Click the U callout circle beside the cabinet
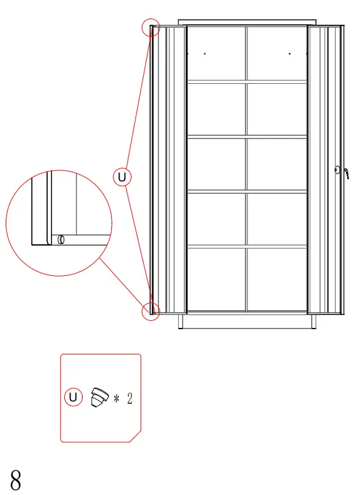123,177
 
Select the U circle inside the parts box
74,398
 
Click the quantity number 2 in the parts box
130,399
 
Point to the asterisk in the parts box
117,399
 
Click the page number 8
16,480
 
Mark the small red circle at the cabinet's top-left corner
151,28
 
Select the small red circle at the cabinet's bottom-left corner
151,311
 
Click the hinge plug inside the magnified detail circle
61,240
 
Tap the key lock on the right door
340,171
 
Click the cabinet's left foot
181,322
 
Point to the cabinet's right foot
313,322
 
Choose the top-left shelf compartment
216,53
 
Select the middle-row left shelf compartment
216,164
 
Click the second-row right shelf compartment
276,109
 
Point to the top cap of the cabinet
247,22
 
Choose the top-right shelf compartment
276,53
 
